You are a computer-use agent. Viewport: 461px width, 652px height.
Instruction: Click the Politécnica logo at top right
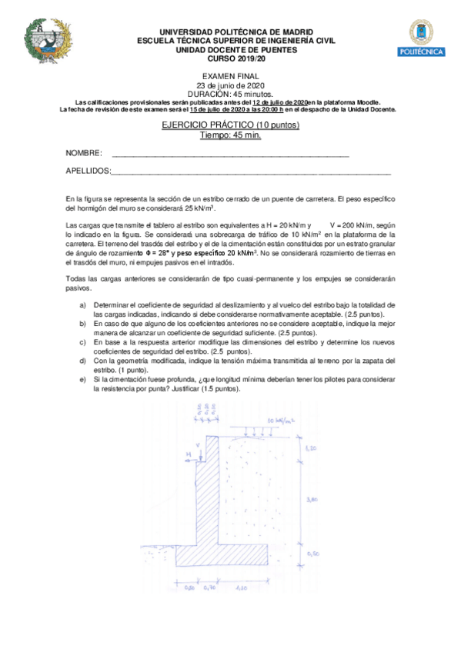point(425,39)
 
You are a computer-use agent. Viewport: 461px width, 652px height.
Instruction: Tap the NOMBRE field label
point(84,154)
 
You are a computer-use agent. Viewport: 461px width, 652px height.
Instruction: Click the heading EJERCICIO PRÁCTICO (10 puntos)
point(231,125)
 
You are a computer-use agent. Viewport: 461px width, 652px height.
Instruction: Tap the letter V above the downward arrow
point(198,444)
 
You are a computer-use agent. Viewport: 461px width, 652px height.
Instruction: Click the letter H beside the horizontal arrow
point(187,455)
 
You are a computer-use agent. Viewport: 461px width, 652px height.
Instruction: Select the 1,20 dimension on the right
point(311,447)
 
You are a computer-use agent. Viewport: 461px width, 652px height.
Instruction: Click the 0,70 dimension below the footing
point(210,588)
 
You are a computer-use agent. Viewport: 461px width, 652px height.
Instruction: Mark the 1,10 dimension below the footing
point(242,588)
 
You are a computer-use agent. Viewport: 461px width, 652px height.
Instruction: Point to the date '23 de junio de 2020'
point(231,85)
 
